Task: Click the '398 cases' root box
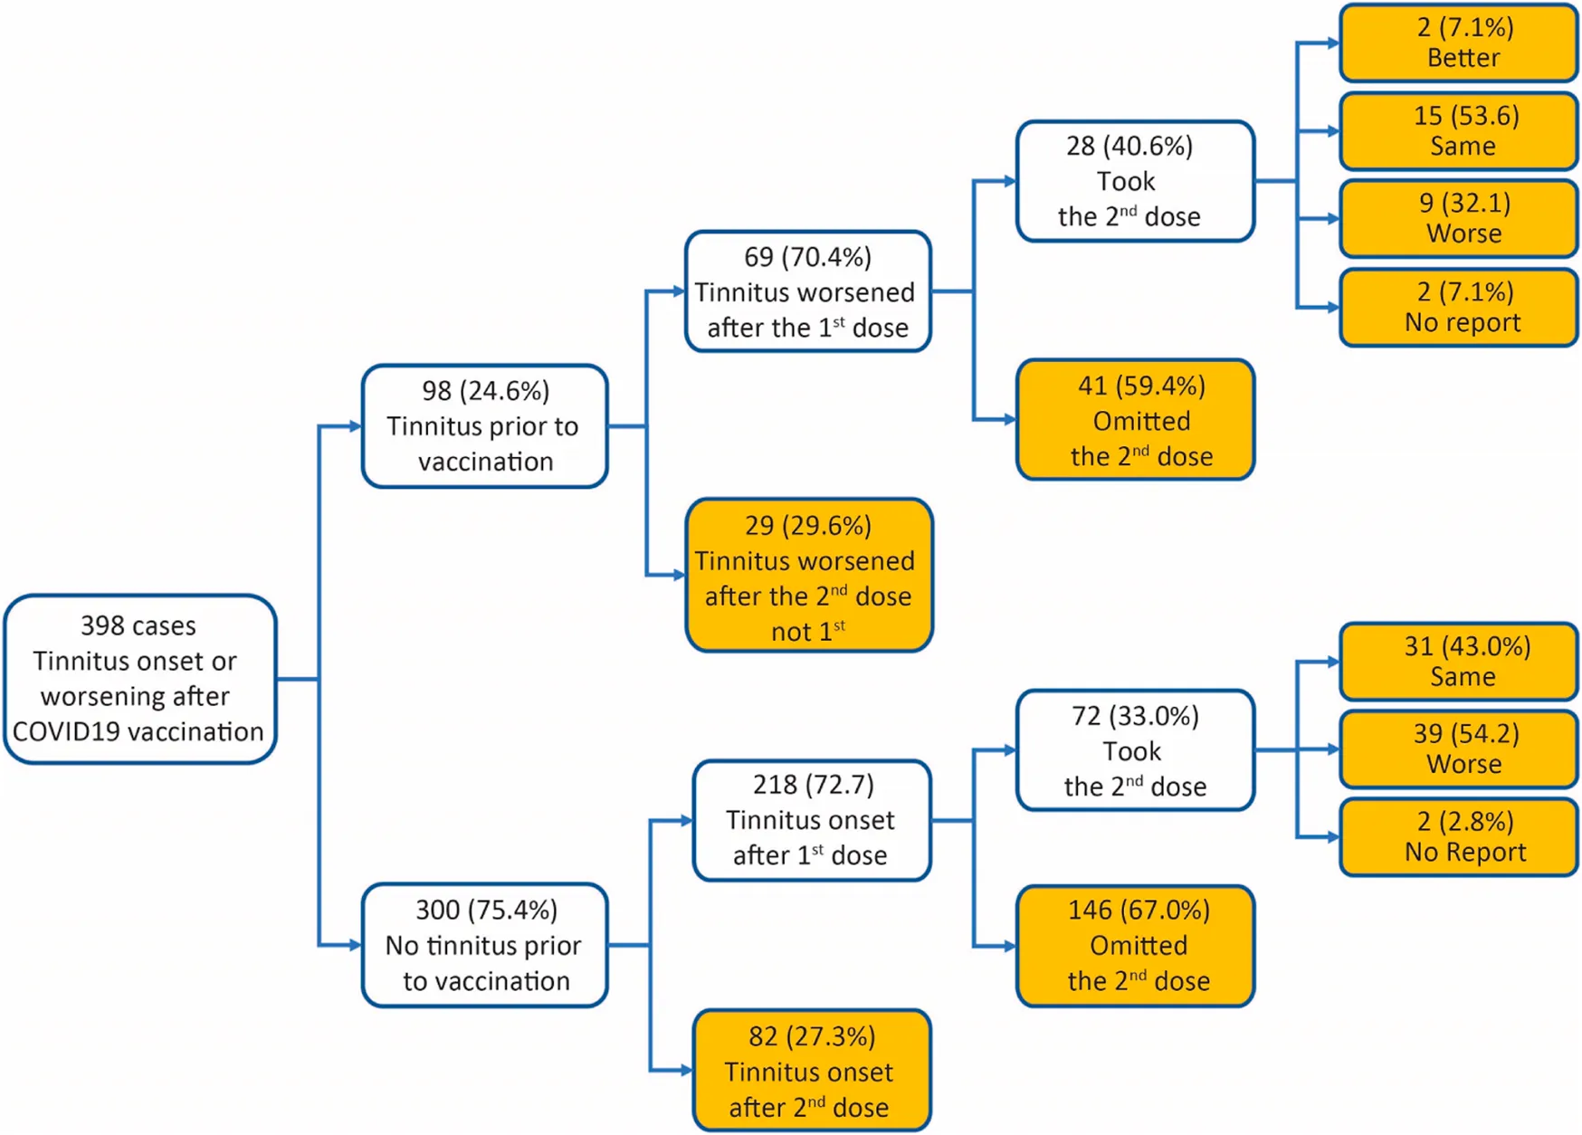(x=139, y=679)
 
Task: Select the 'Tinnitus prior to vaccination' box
(x=484, y=426)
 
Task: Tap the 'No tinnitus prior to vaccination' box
(x=484, y=945)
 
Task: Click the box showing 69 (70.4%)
(x=807, y=291)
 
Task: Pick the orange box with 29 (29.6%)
(x=808, y=576)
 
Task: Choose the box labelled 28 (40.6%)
(x=1134, y=181)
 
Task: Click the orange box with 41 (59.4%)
(x=1134, y=420)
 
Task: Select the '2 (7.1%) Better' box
(x=1458, y=43)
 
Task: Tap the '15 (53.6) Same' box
(x=1458, y=130)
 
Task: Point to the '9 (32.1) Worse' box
(x=1458, y=218)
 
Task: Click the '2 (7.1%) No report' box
(x=1458, y=307)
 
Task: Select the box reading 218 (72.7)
(x=811, y=820)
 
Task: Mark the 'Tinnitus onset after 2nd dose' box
(x=811, y=1071)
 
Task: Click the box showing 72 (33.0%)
(x=1134, y=750)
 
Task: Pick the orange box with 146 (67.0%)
(x=1134, y=946)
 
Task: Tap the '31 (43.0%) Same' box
(x=1458, y=662)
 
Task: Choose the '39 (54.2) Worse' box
(x=1458, y=749)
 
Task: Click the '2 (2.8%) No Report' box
(x=1458, y=837)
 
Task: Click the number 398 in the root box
(x=101, y=625)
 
